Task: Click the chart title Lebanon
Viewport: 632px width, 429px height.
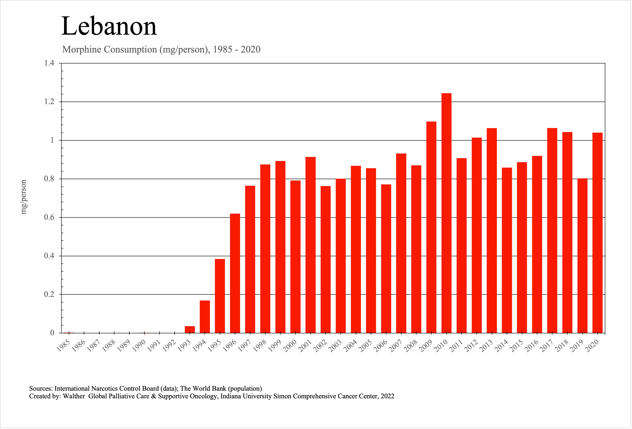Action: pos(109,26)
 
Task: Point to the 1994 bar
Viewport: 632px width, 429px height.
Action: pos(205,316)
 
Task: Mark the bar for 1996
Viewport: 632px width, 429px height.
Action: pos(235,273)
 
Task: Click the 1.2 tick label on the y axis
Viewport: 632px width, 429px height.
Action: pos(49,102)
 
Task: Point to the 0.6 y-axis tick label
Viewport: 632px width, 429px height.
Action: pos(49,217)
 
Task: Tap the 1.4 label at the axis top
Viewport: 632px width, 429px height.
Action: pos(49,63)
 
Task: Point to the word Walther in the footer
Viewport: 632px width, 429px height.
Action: pos(74,396)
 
